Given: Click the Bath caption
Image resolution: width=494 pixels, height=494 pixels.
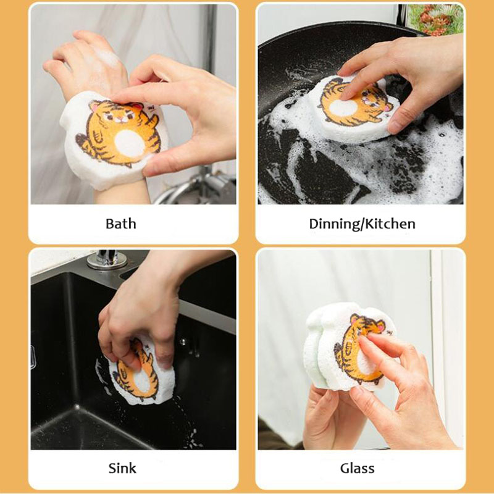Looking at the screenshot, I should (x=120, y=224).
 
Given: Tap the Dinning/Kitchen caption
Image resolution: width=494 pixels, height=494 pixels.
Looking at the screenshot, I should (x=362, y=224).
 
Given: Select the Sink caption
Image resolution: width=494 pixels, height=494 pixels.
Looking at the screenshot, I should (x=122, y=467).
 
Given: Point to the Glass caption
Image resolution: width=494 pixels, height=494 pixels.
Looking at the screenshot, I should (x=357, y=467).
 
